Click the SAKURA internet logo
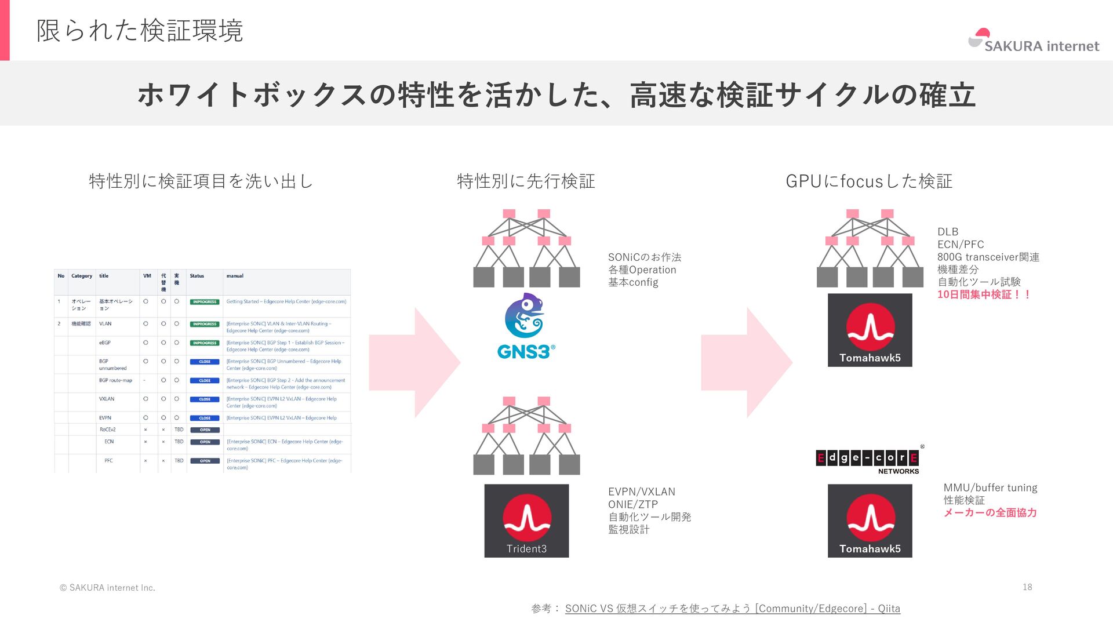tap(1033, 41)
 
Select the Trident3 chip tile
tap(526, 521)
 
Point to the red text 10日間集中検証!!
tap(984, 294)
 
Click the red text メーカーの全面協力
tap(990, 512)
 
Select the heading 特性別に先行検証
tap(526, 181)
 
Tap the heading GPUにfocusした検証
tap(868, 181)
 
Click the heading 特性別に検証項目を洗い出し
tap(201, 181)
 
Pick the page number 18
tap(1027, 587)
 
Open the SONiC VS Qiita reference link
tap(732, 609)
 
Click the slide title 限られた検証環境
tap(140, 31)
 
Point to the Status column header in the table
tap(197, 276)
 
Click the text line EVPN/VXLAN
tap(641, 492)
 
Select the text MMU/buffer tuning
tap(990, 487)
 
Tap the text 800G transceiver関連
tap(988, 257)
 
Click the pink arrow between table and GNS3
tap(415, 362)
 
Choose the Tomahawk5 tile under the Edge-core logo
tap(870, 521)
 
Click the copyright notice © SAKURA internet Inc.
tap(107, 587)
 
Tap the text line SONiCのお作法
tap(644, 257)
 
